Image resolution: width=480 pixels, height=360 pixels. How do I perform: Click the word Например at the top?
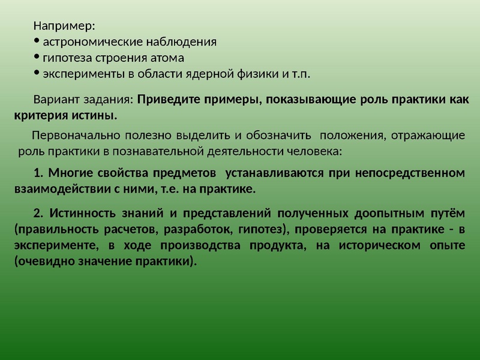pos(64,26)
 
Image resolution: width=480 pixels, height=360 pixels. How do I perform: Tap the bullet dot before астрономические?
pos(37,41)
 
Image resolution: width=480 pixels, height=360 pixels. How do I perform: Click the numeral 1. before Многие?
pos(38,173)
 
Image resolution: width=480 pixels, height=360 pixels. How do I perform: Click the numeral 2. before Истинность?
pos(38,214)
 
